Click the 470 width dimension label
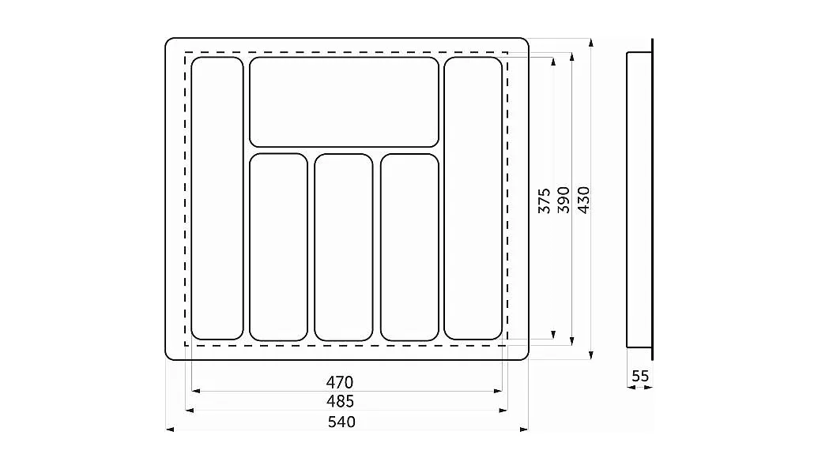[340, 382]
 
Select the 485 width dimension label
[340, 401]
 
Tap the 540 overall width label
[341, 422]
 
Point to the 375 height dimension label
[544, 201]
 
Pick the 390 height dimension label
[564, 200]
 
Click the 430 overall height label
[584, 200]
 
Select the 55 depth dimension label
[640, 376]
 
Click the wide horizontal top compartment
[345, 102]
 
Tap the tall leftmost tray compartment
[217, 198]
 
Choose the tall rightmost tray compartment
[473, 198]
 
